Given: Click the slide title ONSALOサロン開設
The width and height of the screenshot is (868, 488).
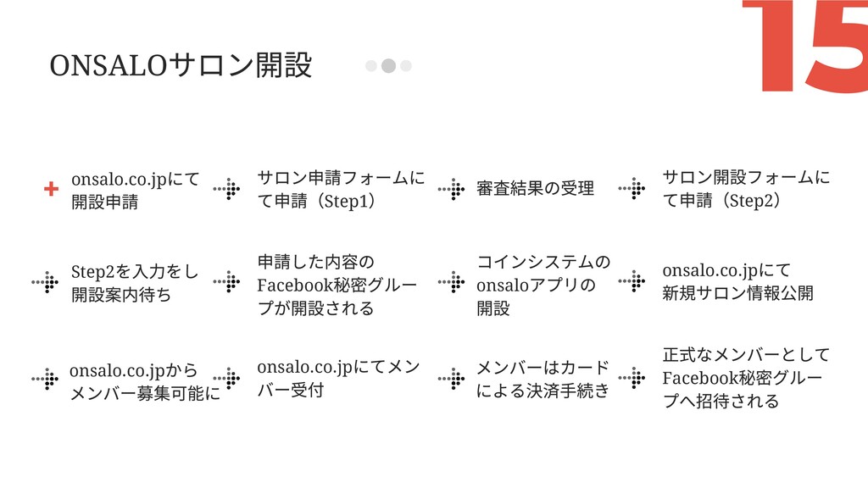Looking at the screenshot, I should pyautogui.click(x=181, y=65).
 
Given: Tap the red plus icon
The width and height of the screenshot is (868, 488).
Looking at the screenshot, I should pyautogui.click(x=52, y=189).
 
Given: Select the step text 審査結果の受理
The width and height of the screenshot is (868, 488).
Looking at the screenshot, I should pyautogui.click(x=535, y=188).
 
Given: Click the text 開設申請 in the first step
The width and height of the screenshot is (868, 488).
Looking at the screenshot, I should pyautogui.click(x=105, y=202).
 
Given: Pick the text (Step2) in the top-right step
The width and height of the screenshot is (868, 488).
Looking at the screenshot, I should pyautogui.click(x=747, y=202).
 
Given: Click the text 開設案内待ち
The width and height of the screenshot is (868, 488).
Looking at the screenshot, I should pyautogui.click(x=121, y=294).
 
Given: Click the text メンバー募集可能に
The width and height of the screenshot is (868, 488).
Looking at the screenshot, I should pyautogui.click(x=144, y=393).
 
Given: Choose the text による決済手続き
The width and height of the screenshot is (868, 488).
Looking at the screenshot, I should pyautogui.click(x=542, y=391).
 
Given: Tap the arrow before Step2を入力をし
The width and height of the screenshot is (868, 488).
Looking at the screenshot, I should pyautogui.click(x=45, y=282).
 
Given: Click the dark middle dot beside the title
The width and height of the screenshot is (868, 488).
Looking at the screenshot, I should pyautogui.click(x=388, y=66).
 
